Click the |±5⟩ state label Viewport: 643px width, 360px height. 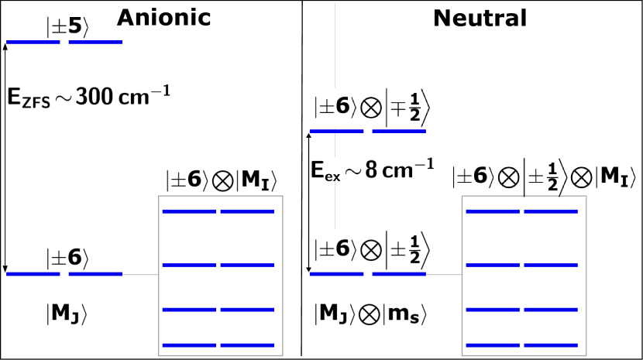coord(68,27)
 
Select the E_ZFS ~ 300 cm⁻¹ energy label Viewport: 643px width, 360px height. coord(88,97)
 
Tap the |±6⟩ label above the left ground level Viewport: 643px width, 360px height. coord(68,259)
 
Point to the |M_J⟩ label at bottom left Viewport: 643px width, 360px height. coord(67,314)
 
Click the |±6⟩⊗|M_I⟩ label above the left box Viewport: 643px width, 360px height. coord(222,180)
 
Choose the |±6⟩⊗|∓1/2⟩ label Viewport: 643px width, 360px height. coord(372,108)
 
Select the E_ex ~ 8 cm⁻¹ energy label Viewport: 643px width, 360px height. coord(372,169)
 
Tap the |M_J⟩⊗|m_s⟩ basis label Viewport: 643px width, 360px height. coord(372,314)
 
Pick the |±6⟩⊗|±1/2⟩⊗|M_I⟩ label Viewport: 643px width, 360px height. coord(544,177)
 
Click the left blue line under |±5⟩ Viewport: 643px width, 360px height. coord(33,43)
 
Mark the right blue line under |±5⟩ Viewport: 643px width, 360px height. coord(95,43)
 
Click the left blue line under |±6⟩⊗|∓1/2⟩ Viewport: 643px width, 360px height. coord(336,132)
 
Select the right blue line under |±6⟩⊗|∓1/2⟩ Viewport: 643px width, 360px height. coord(399,132)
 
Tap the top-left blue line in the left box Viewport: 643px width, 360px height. coord(189,211)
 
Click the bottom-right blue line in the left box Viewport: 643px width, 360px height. coord(247,345)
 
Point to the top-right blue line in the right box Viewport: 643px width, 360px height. coord(551,211)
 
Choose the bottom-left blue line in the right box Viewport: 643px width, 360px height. coord(493,345)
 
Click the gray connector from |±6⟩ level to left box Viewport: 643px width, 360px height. coord(140,274)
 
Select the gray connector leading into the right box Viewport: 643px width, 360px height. coord(444,274)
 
